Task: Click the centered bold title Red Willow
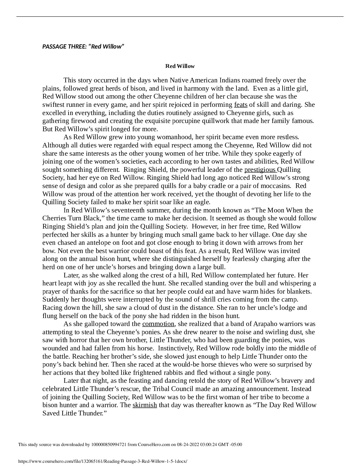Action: click(x=180, y=66)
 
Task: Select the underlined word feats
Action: click(x=241, y=105)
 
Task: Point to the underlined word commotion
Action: click(x=158, y=324)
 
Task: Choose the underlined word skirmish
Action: click(x=145, y=405)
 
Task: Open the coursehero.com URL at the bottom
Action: click(x=103, y=461)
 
